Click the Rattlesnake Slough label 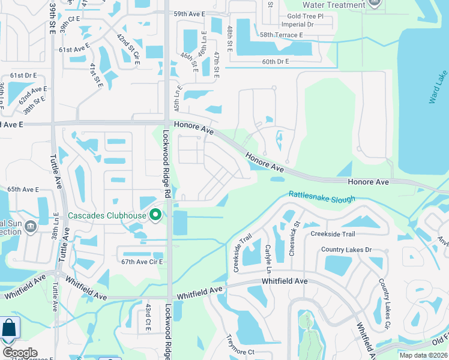tap(322, 196)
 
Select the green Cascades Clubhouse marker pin tap(156, 215)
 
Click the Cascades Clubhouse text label tap(107, 216)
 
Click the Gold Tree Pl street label tap(305, 16)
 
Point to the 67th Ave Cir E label tap(142, 262)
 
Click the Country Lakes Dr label tap(346, 250)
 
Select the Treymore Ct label tap(240, 352)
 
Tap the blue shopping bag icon tap(9, 329)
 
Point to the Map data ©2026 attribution tap(423, 355)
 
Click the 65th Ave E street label tap(23, 189)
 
